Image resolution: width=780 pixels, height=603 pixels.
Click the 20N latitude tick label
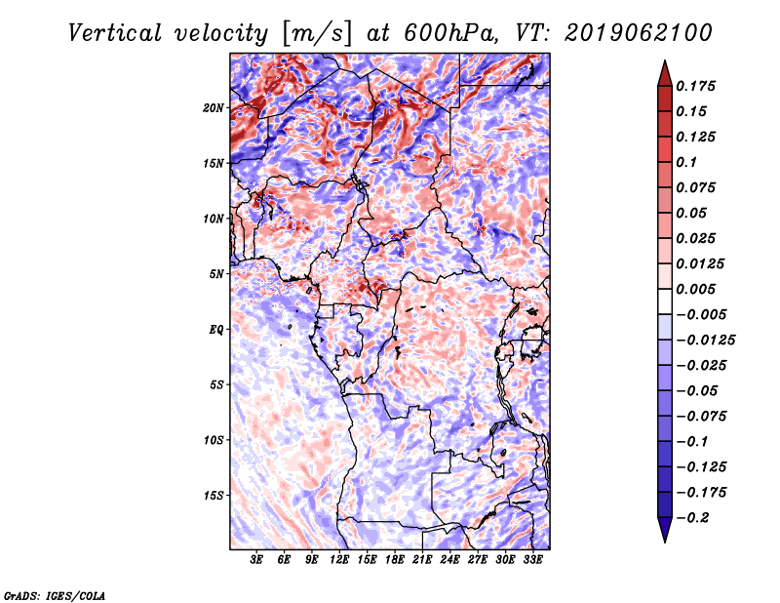[x=214, y=107]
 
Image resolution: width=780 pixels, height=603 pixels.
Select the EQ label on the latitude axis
[x=216, y=330]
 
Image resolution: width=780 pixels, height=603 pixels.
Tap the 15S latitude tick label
[x=214, y=496]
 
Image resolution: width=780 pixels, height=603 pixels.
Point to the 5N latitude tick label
[x=216, y=274]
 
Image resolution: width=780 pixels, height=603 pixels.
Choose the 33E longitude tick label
[x=532, y=560]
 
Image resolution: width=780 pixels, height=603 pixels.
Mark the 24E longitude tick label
[x=449, y=560]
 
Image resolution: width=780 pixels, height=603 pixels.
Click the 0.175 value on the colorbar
[x=698, y=87]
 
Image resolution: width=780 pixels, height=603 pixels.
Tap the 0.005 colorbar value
[x=698, y=290]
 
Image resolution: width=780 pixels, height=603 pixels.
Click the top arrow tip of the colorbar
[x=664, y=63]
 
